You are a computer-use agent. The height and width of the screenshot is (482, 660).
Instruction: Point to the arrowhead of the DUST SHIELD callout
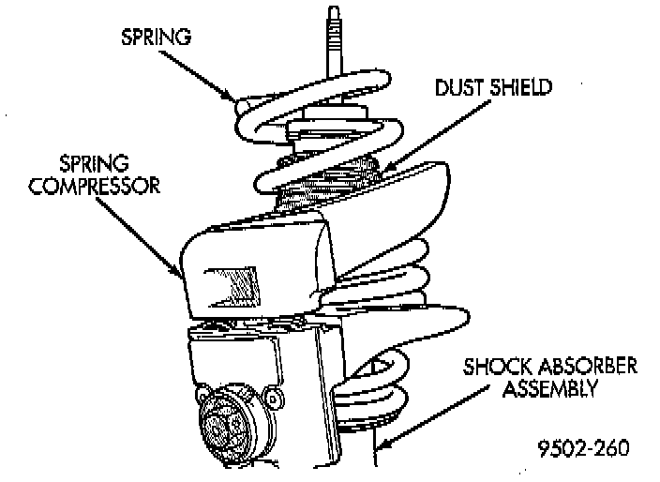(382, 170)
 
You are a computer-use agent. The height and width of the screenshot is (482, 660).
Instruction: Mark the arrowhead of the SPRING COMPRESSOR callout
(184, 276)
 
